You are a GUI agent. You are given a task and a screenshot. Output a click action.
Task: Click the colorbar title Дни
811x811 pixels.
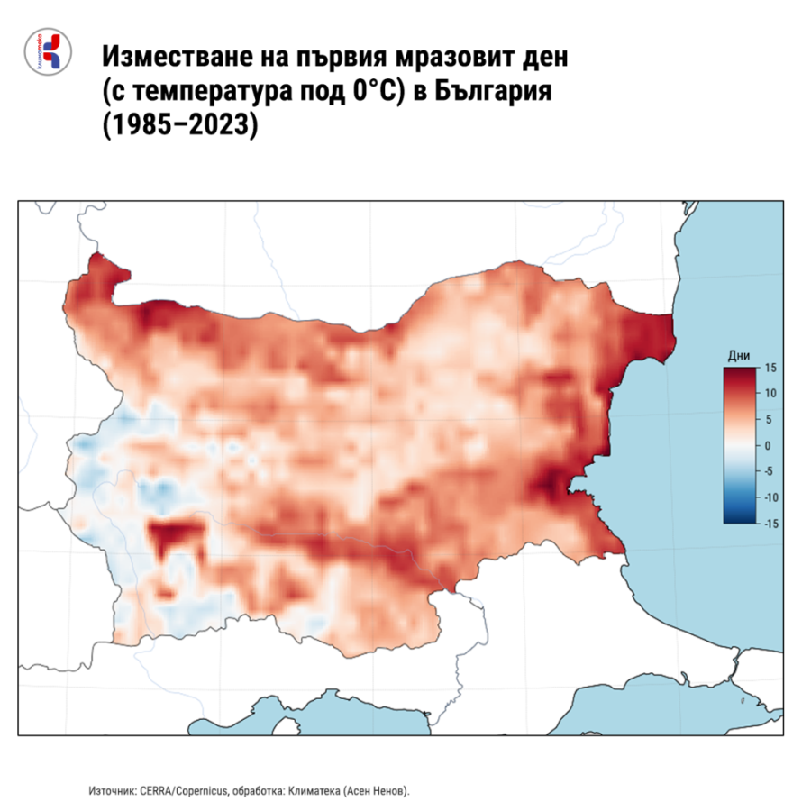pos(738,357)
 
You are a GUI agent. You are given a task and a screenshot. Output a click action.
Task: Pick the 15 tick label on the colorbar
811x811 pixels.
pos(768,368)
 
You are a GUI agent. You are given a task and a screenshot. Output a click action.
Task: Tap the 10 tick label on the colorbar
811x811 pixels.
pos(768,394)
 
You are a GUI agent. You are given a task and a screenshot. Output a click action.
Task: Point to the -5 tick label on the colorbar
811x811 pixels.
pos(767,470)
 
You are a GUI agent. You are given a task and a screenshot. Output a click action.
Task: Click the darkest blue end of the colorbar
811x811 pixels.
pos(739,519)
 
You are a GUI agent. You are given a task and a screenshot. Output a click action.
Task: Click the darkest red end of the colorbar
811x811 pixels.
pos(739,371)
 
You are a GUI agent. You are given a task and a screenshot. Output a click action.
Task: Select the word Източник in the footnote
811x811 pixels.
pos(113,790)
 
